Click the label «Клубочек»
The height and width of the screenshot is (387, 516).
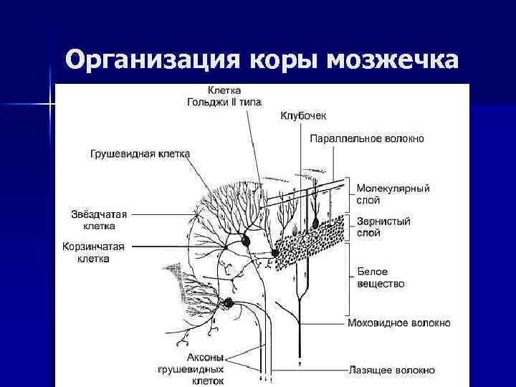pyautogui.click(x=303, y=115)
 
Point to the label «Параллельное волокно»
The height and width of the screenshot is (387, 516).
pyautogui.click(x=367, y=138)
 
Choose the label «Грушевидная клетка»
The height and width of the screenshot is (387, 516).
pyautogui.click(x=140, y=153)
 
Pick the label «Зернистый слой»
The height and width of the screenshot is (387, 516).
pyautogui.click(x=383, y=227)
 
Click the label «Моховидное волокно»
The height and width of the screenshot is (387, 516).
pyautogui.click(x=398, y=322)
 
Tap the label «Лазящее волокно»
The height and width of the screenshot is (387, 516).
pyautogui.click(x=391, y=371)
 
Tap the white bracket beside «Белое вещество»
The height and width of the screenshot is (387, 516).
pyautogui.click(x=349, y=279)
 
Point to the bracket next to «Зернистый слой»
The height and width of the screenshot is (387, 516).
pyautogui.click(x=349, y=227)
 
